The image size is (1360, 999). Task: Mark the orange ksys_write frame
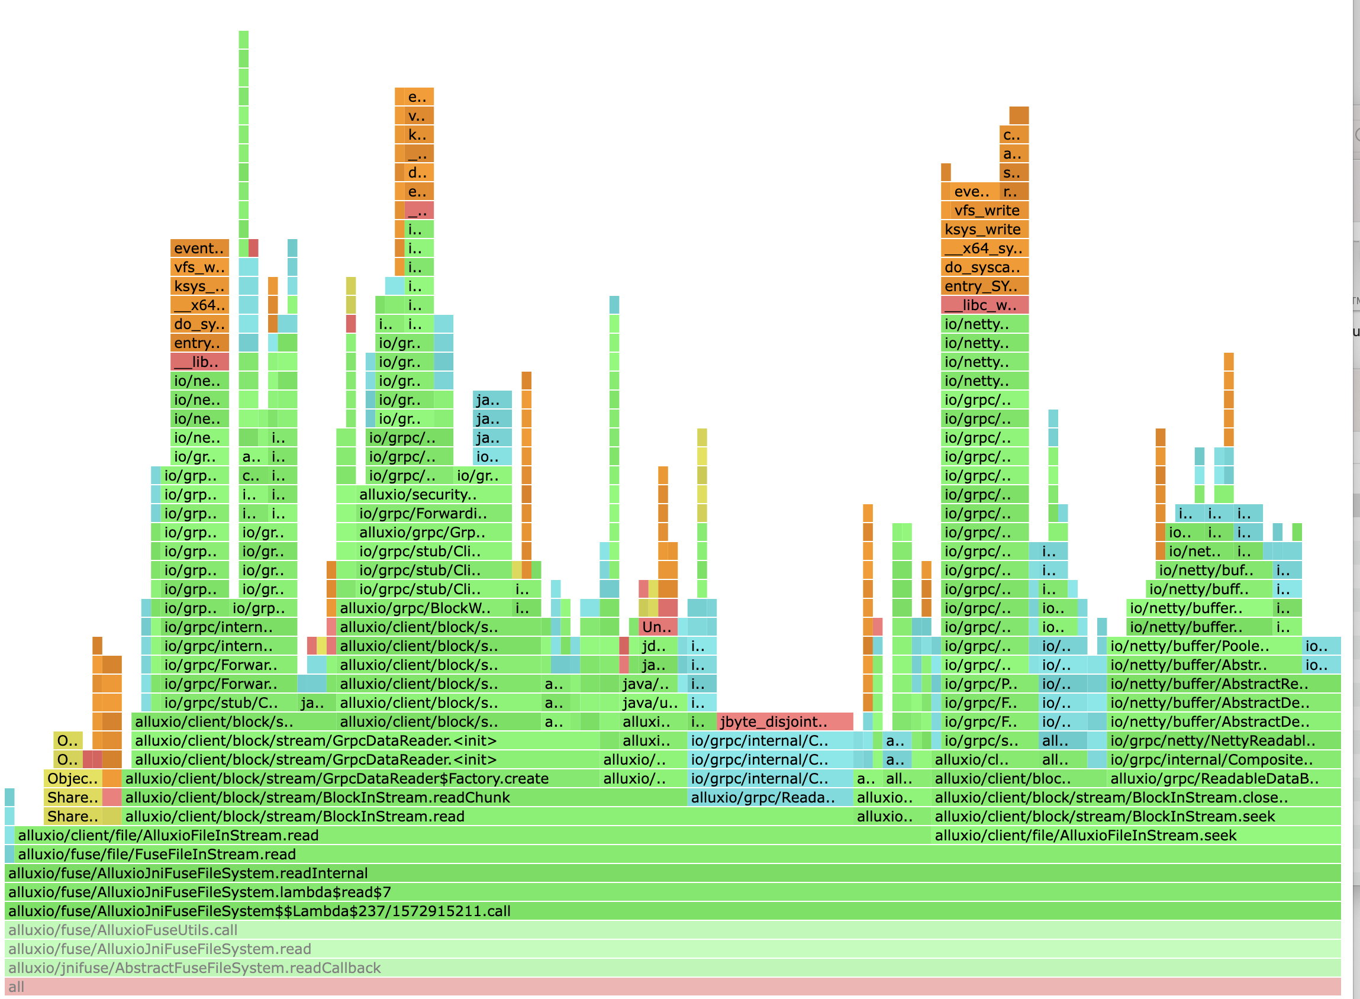coord(984,229)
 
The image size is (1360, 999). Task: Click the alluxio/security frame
coord(423,494)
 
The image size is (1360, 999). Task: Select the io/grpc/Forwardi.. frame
coord(423,514)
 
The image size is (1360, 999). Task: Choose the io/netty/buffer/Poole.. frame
coord(1203,646)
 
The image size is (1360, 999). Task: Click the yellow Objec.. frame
coord(73,778)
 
